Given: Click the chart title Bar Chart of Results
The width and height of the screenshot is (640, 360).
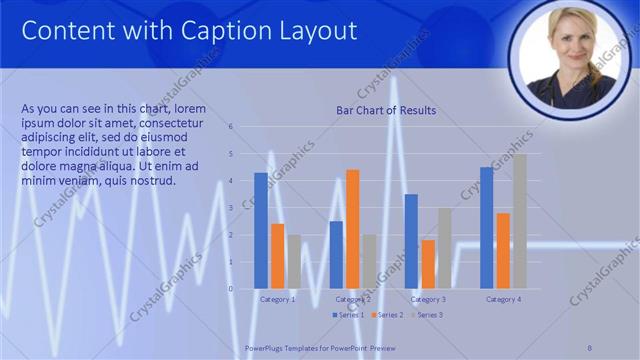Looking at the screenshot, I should [x=385, y=110].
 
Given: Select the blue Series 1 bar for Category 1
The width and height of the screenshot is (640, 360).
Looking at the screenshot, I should [x=261, y=231].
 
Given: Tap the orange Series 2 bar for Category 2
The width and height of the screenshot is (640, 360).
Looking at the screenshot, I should [x=352, y=229].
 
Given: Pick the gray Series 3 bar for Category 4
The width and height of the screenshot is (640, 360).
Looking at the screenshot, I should [x=519, y=221].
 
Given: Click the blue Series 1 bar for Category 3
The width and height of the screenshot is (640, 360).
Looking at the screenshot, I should [x=411, y=241].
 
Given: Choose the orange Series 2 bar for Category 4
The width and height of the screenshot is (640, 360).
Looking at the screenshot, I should [x=503, y=251].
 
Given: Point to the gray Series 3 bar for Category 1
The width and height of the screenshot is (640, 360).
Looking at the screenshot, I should [x=293, y=262].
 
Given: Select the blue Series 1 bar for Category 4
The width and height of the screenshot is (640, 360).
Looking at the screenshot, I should [x=486, y=228].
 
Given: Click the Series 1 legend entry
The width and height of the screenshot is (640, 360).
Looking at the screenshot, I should [x=347, y=314].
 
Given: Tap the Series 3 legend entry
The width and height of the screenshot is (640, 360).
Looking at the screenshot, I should [x=426, y=314].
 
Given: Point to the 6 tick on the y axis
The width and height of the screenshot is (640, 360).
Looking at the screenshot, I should [x=231, y=127].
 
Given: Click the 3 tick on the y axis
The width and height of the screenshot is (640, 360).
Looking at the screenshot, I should [x=231, y=208].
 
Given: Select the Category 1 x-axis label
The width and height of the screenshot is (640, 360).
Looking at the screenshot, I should [x=277, y=299].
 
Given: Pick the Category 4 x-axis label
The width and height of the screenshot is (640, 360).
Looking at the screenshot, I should [x=502, y=299].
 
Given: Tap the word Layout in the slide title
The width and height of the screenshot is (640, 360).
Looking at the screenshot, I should [x=319, y=31].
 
